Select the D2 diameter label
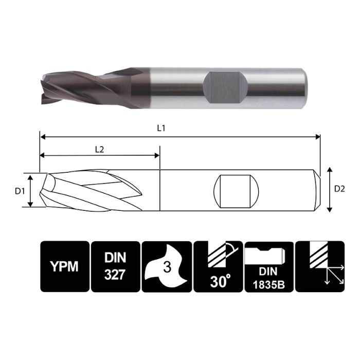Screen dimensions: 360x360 [x=339, y=189]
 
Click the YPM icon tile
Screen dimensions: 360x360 [x=64, y=266]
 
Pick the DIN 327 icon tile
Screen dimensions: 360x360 [x=115, y=266]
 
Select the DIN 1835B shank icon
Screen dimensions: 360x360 [x=268, y=266]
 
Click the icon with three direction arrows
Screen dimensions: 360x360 [x=319, y=266]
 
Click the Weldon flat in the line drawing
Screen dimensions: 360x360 [x=237, y=190]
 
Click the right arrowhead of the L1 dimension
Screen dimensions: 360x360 [x=317, y=137]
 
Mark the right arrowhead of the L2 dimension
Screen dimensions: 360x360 [x=157, y=156]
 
